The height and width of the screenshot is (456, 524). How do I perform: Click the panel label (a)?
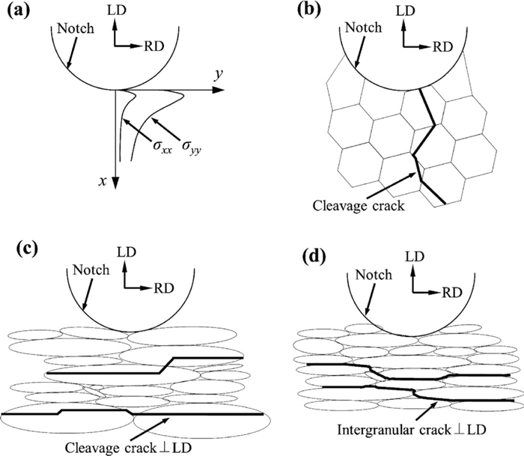pyautogui.click(x=17, y=13)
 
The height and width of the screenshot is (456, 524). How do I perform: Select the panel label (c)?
pyautogui.click(x=18, y=248)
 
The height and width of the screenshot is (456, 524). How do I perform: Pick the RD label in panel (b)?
pyautogui.click(x=444, y=46)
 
